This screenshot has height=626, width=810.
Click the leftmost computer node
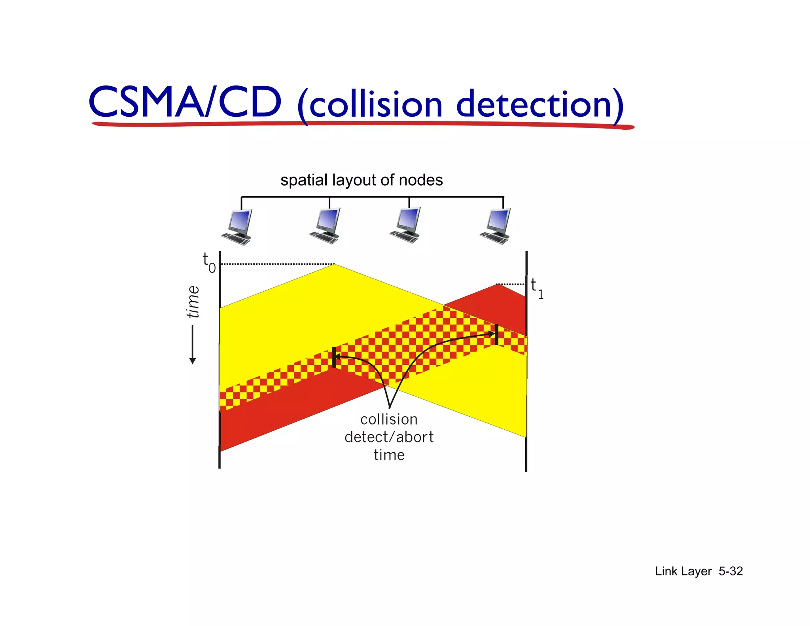click(x=237, y=227)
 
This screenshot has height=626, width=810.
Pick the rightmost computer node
click(x=496, y=226)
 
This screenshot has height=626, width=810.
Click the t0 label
click(x=208, y=263)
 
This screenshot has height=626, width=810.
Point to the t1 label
click(x=536, y=288)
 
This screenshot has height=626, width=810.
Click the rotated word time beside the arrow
click(x=193, y=302)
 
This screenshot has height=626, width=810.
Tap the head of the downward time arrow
click(x=193, y=360)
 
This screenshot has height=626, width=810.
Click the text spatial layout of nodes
click(x=361, y=180)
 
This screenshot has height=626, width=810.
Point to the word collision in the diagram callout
click(x=389, y=419)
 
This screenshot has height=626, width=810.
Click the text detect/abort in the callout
click(x=389, y=437)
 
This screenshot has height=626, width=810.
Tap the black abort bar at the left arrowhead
click(x=334, y=357)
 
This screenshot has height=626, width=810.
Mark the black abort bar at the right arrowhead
click(x=496, y=334)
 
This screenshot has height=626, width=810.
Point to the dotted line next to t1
click(x=510, y=284)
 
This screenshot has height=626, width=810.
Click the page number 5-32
click(x=731, y=571)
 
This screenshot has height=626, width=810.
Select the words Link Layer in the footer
click(x=683, y=571)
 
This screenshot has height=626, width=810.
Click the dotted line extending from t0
click(x=277, y=264)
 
